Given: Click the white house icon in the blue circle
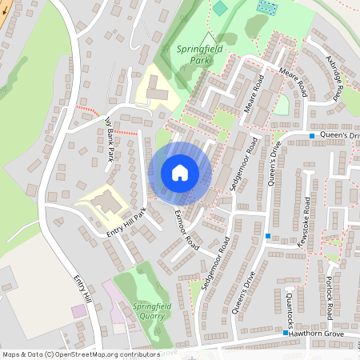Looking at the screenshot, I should [x=180, y=173].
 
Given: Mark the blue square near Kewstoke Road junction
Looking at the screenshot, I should [x=268, y=236].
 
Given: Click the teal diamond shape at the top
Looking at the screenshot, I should [x=220, y=9].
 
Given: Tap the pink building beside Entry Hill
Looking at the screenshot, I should [x=78, y=310].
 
